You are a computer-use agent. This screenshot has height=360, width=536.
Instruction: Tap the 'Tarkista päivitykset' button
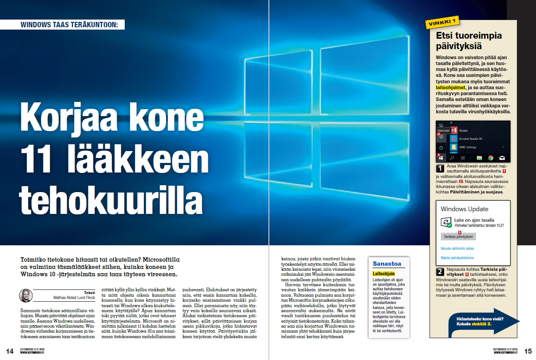[458, 237]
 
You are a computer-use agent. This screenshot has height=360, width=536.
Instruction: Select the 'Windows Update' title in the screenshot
[464, 209]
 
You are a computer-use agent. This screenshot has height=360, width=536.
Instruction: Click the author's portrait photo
[25, 295]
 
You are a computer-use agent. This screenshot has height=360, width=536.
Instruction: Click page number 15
[528, 351]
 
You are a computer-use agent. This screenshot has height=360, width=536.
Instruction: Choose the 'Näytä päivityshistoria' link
[459, 258]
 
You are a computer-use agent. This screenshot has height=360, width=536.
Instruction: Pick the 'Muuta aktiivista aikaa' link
[457, 248]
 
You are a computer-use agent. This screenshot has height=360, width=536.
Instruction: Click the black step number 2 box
[440, 272]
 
